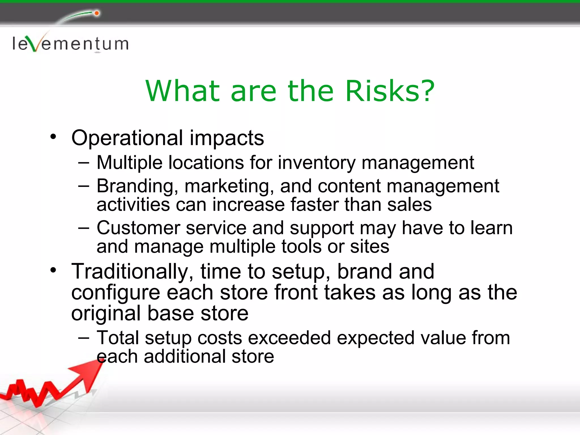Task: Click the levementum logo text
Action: click(x=70, y=44)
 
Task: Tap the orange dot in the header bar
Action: click(x=97, y=13)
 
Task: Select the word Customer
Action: click(x=138, y=228)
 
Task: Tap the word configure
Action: click(x=116, y=293)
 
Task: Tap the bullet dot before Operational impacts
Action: click(x=53, y=137)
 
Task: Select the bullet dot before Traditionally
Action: click(x=53, y=270)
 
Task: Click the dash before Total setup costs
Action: click(x=84, y=338)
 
